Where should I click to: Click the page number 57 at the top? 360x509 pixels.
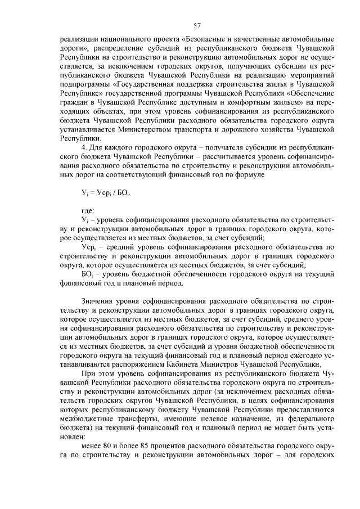click(x=197, y=25)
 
